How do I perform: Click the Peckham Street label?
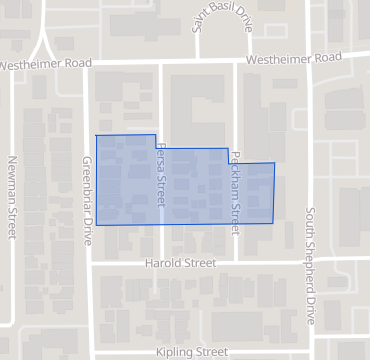(237, 187)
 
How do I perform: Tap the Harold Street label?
(181, 264)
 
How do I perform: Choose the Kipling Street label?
(192, 352)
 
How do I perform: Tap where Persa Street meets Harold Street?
(161, 264)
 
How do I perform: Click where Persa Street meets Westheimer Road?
(161, 62)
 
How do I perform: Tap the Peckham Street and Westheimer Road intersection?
(237, 60)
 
